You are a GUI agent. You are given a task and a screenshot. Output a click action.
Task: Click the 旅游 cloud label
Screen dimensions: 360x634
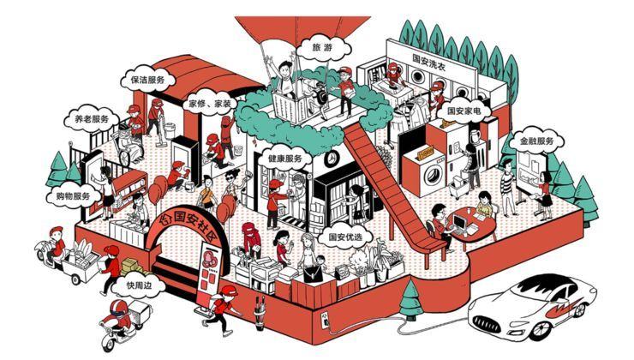click(321, 48)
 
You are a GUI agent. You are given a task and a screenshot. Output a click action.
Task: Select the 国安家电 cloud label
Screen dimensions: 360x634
click(466, 111)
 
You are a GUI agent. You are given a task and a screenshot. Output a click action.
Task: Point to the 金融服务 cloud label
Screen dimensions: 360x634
click(536, 141)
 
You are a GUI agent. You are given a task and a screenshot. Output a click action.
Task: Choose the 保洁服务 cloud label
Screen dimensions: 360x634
click(147, 79)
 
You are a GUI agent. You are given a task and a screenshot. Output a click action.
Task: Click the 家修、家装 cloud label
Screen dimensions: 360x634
click(209, 104)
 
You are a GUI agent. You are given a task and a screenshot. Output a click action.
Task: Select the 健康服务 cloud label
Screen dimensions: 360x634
click(284, 159)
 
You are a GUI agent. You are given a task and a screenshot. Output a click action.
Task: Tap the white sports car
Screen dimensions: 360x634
click(530, 304)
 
